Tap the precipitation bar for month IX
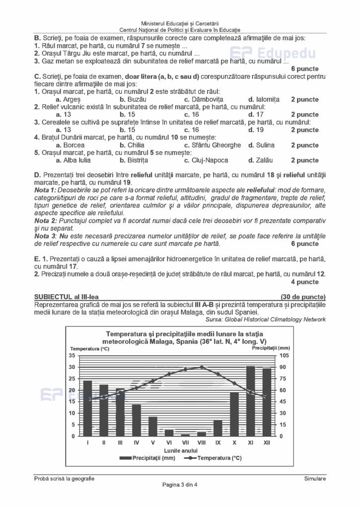218,428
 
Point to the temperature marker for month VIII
202,367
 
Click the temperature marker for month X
234,383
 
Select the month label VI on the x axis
169,443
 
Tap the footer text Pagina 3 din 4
180,485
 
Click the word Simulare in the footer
315,478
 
